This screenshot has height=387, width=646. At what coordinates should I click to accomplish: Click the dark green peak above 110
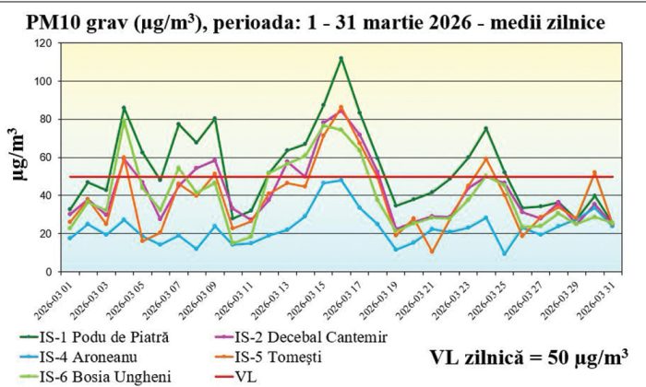pos(341,58)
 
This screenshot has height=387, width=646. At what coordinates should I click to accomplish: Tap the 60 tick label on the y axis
pos(42,158)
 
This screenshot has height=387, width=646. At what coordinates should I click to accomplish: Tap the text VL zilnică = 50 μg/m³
pos(525,356)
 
